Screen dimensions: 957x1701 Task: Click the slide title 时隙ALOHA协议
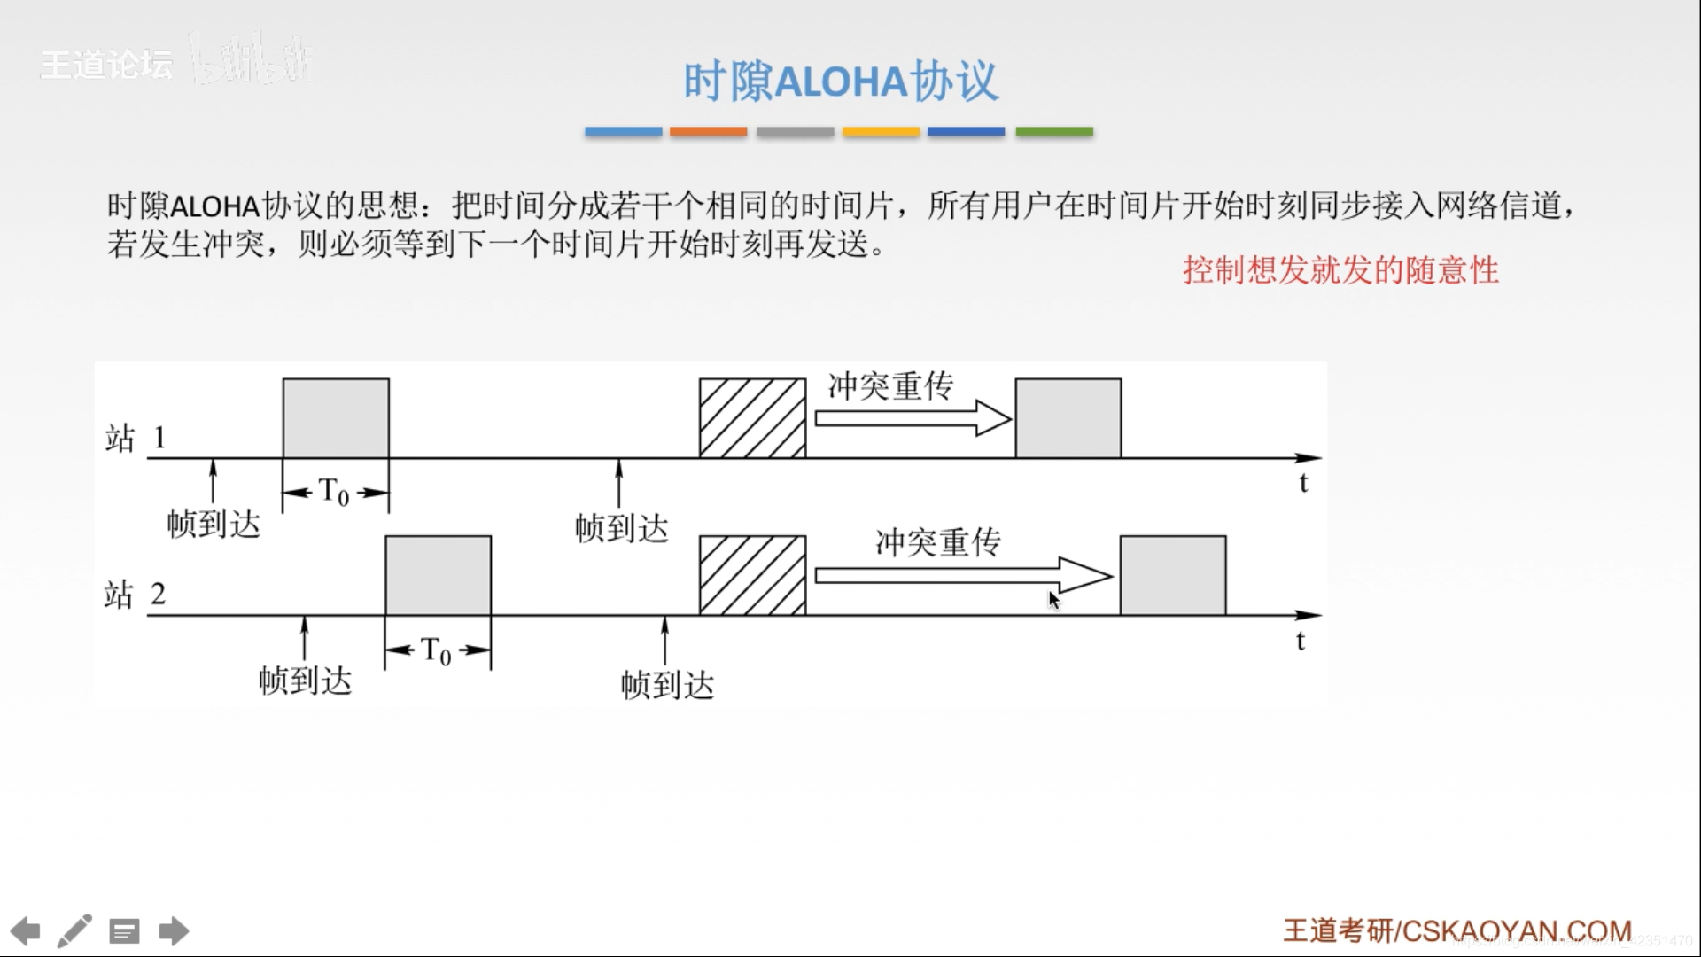click(840, 82)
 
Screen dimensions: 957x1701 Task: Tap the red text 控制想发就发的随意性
click(1340, 270)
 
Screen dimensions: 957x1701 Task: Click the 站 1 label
click(136, 438)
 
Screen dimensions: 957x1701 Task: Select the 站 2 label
click(135, 594)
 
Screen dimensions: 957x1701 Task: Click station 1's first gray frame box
click(336, 418)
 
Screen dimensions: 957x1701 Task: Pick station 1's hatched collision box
click(752, 418)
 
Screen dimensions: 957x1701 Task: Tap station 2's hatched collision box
click(752, 575)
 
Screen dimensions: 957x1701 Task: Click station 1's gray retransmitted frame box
click(1068, 418)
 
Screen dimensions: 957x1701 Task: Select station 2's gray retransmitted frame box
click(1173, 575)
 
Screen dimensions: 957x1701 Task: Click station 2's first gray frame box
click(438, 575)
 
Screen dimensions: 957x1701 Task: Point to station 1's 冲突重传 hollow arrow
click(913, 417)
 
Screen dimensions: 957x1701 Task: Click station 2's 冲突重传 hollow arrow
click(962, 575)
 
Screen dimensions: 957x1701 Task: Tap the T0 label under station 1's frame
click(334, 492)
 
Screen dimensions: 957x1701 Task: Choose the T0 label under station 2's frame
click(436, 650)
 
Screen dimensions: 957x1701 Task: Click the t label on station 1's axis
click(1303, 484)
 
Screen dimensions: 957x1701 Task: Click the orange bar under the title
click(708, 132)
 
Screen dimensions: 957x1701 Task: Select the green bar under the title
click(1054, 132)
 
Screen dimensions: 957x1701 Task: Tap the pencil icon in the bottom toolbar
click(74, 931)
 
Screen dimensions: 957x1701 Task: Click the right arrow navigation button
click(174, 931)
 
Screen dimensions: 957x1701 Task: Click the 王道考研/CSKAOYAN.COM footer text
click(1457, 930)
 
